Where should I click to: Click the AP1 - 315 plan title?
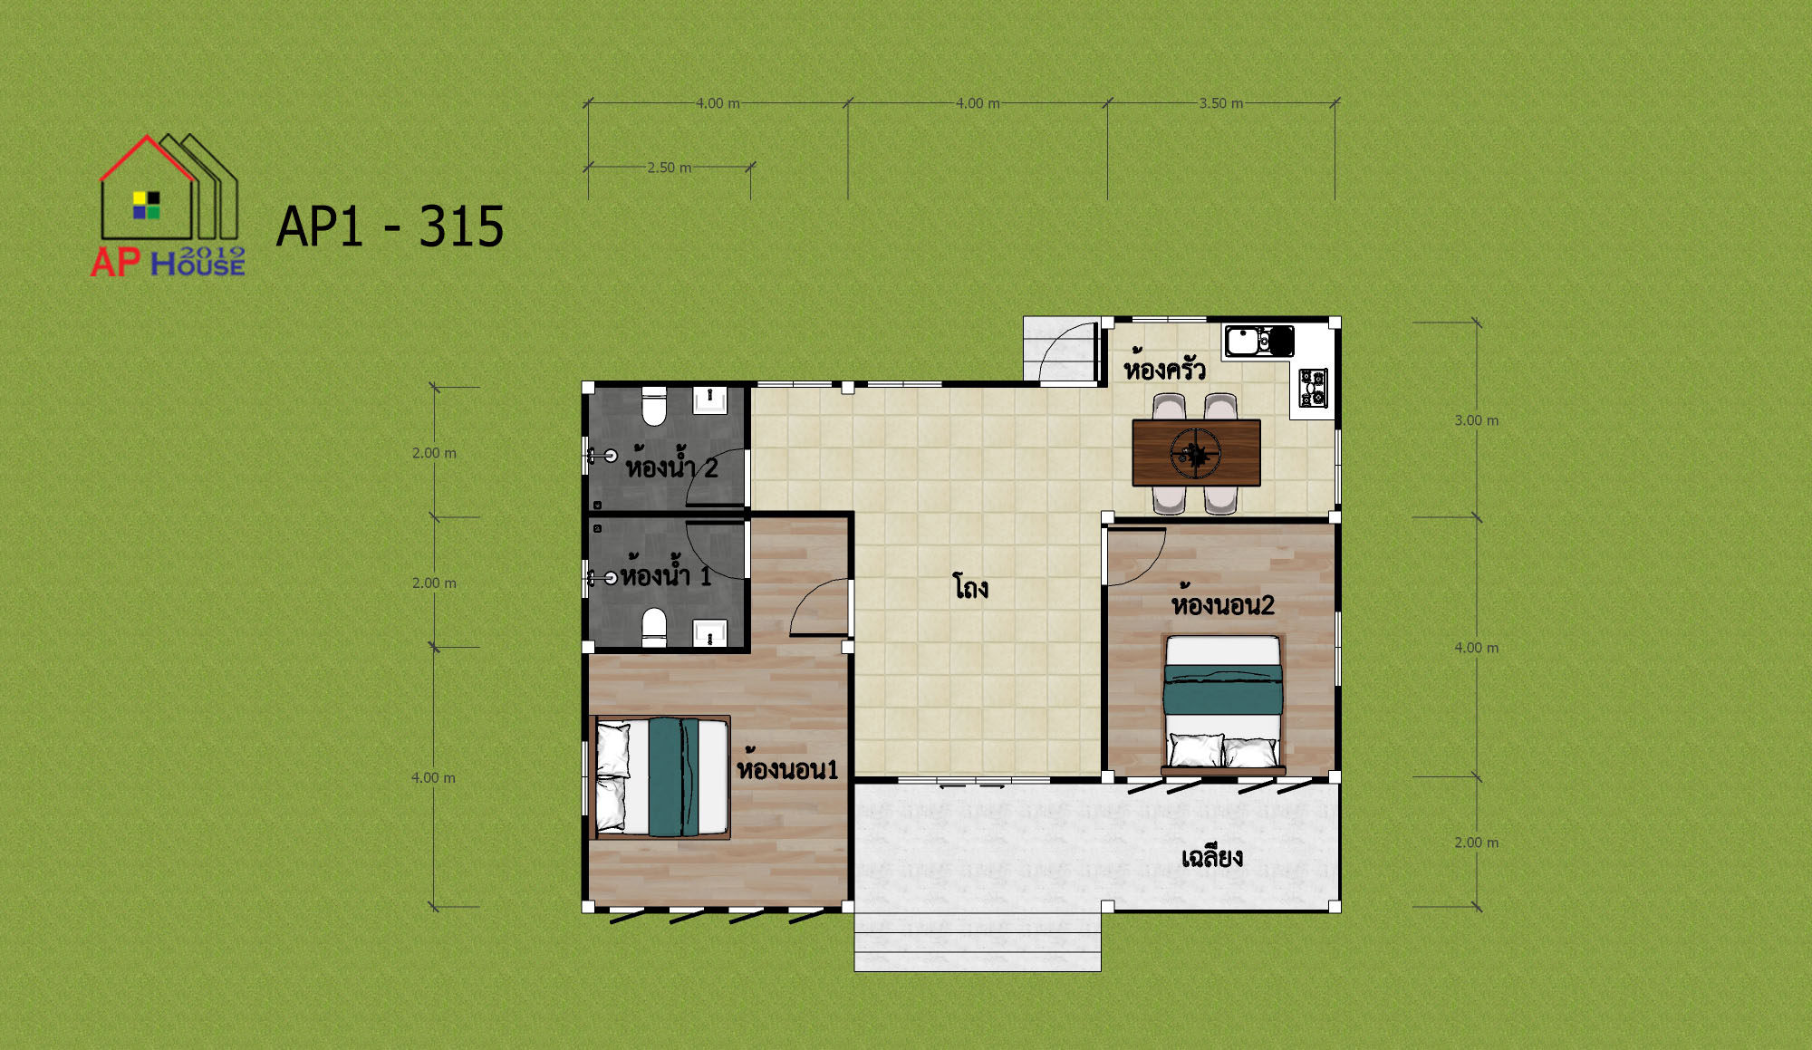(x=390, y=226)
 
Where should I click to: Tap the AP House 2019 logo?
(x=169, y=206)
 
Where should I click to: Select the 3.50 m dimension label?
(x=1221, y=103)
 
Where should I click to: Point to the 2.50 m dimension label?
(x=669, y=168)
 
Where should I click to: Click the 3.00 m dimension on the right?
(x=1477, y=420)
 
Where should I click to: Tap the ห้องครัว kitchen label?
(x=1164, y=368)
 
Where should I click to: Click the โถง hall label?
(x=970, y=587)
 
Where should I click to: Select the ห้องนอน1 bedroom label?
(x=787, y=767)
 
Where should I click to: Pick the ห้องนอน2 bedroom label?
(x=1222, y=602)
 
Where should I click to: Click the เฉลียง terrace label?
(x=1212, y=856)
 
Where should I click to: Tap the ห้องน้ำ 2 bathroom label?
(x=671, y=464)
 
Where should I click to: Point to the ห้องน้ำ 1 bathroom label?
(x=666, y=573)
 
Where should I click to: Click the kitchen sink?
(x=1259, y=342)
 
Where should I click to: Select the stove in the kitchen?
(x=1313, y=388)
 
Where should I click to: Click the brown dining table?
(x=1196, y=453)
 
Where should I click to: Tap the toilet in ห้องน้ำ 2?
(x=654, y=406)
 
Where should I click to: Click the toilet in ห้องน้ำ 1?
(x=654, y=627)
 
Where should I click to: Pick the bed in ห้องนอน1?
(x=660, y=777)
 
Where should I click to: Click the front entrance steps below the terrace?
(x=978, y=941)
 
